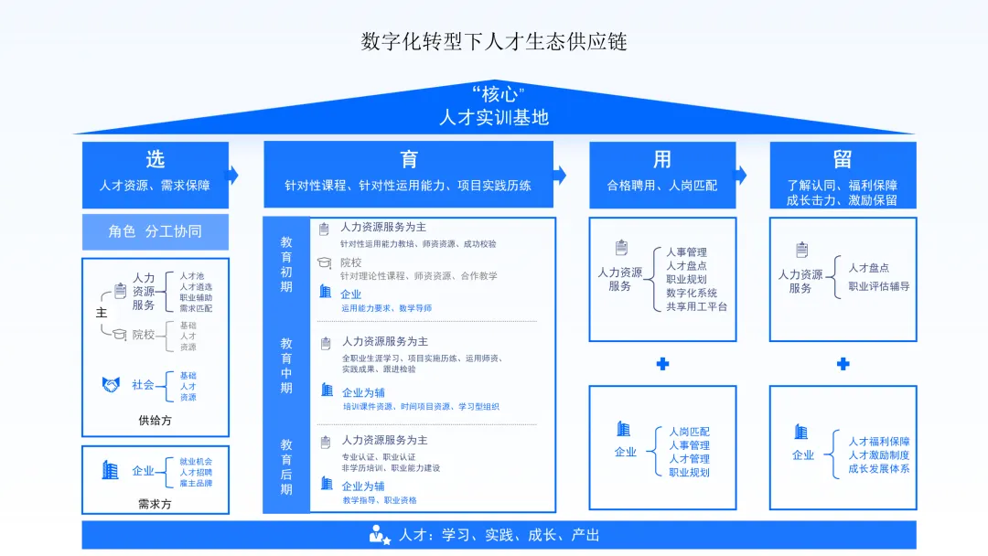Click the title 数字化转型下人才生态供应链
click(494, 41)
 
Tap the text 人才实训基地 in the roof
click(494, 117)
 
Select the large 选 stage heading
click(156, 159)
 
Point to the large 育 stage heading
click(409, 159)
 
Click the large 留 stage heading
click(843, 159)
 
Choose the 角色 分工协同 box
click(156, 231)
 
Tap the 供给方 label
click(155, 421)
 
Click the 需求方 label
click(155, 503)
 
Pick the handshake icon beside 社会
click(112, 385)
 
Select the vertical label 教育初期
click(286, 265)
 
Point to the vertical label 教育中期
click(286, 366)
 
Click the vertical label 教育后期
click(286, 466)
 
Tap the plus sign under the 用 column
click(662, 364)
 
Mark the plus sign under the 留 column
click(843, 364)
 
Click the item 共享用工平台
click(697, 307)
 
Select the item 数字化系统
click(692, 294)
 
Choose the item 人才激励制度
click(878, 455)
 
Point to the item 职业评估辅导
click(878, 286)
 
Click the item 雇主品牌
click(196, 483)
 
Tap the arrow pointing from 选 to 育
click(233, 175)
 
